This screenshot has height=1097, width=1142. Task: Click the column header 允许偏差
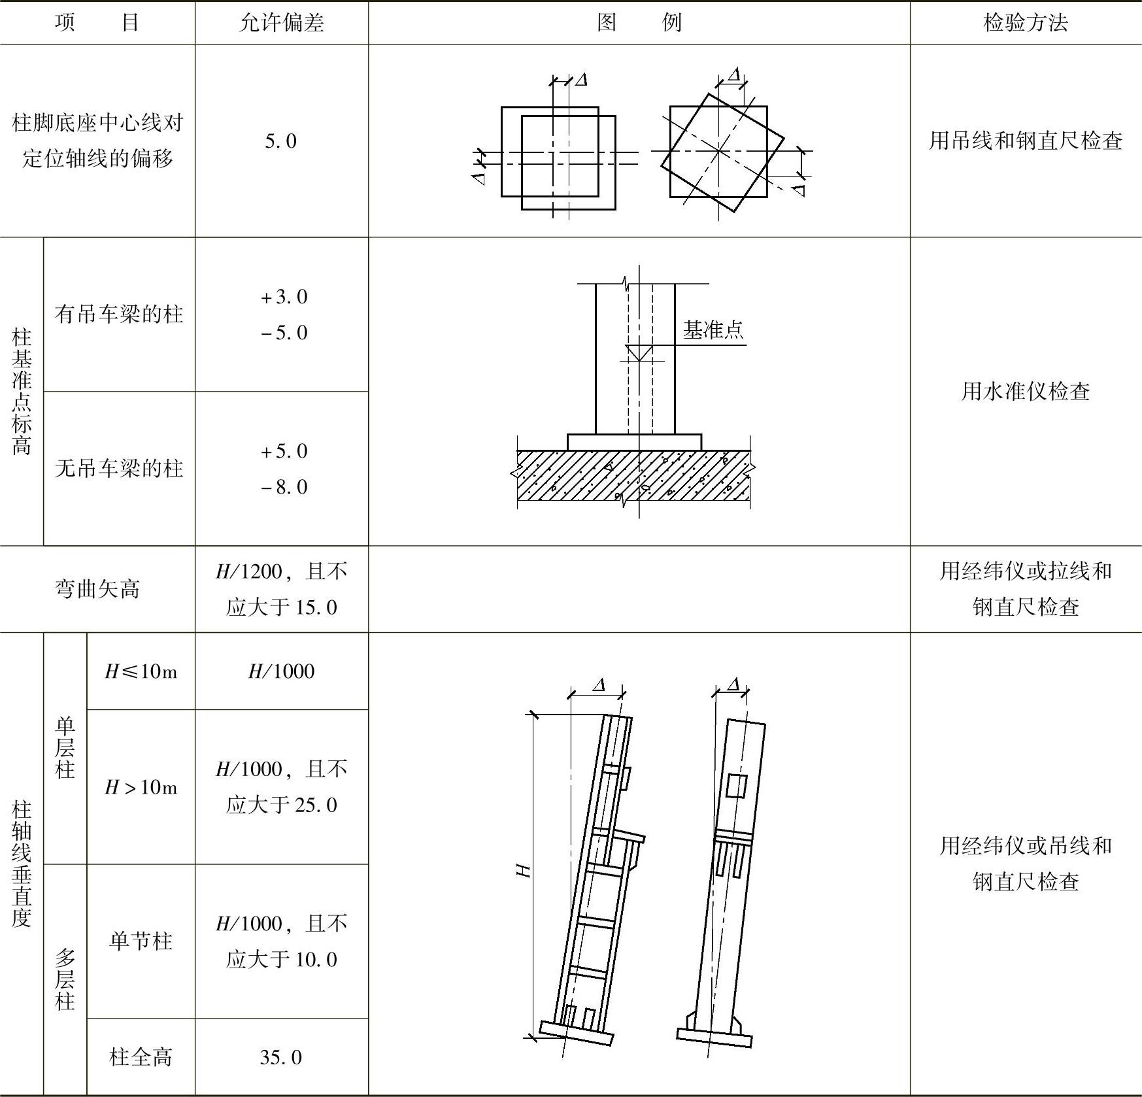pos(282,23)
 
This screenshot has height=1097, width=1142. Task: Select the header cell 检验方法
pos(1025,23)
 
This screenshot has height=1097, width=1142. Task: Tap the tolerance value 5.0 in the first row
pos(281,141)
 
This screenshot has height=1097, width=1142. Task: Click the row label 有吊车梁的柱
pos(119,314)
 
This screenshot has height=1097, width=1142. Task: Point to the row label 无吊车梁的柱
pos(119,468)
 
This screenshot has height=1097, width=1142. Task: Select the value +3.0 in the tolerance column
pos(284,297)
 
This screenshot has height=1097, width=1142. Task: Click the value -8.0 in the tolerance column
pos(284,487)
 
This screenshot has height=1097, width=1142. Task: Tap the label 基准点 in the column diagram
pos(713,330)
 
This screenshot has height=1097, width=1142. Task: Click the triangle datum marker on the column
pos(639,353)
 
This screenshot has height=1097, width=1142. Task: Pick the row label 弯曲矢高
pos(97,589)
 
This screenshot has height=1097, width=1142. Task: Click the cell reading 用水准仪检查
pos(1025,392)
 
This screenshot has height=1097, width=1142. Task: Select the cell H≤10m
pos(141,671)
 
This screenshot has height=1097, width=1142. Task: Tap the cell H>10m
pos(141,787)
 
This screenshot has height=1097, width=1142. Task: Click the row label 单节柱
pos(141,941)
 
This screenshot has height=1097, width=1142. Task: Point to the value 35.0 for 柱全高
pos(281,1058)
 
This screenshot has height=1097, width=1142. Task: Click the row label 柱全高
pos(141,1058)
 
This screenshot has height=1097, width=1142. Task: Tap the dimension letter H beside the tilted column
pos(524,870)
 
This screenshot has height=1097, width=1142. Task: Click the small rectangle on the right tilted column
pos(736,786)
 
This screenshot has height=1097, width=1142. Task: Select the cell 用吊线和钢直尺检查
pos(1025,141)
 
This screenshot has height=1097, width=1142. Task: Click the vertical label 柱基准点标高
pos(22,392)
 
